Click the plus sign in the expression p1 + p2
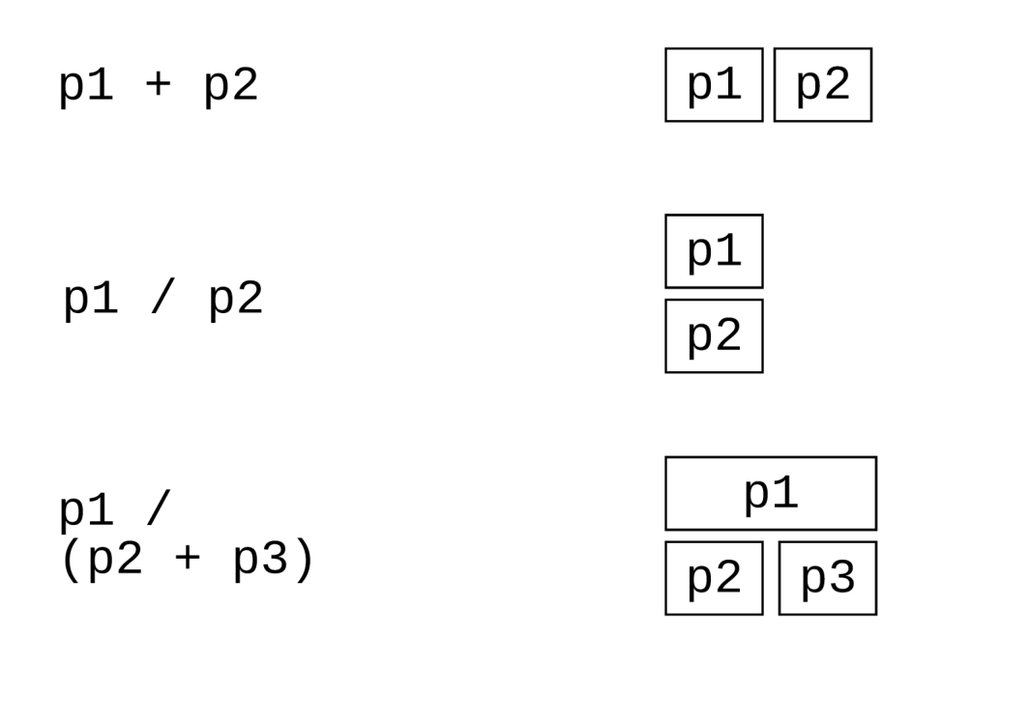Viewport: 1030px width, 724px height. [158, 84]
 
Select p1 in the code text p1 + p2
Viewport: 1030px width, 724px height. [86, 87]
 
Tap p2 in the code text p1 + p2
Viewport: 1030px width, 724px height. [231, 87]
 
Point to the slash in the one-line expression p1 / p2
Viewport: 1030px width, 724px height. [162, 298]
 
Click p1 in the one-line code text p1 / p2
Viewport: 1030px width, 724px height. [91, 300]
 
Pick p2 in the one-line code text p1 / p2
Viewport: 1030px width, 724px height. [236, 300]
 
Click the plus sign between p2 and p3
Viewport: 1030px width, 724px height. [188, 558]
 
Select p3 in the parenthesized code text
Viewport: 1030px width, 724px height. [261, 560]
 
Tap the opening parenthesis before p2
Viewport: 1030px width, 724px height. [71, 560]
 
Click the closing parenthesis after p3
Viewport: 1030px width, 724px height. [304, 560]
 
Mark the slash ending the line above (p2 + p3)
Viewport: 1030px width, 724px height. [159, 507]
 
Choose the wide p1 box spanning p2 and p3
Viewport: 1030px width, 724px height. [771, 493]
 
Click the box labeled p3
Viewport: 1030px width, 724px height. [828, 578]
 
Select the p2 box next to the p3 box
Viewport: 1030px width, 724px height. [714, 578]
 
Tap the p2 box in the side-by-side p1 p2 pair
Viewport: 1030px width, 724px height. [823, 85]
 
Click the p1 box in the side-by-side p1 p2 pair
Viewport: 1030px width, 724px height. [714, 85]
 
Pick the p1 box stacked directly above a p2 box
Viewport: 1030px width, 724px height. [714, 251]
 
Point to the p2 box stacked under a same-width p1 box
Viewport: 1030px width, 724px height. [714, 336]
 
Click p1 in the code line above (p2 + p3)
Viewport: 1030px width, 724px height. [86, 510]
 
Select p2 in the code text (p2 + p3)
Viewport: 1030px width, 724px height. [116, 560]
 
